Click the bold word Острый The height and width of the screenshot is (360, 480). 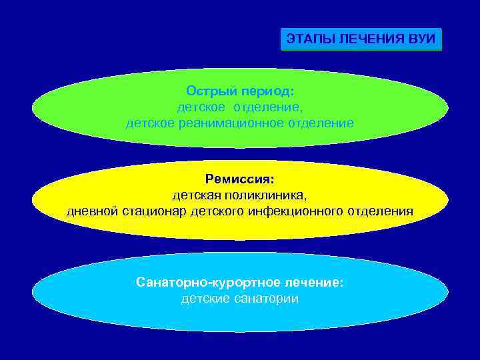[210, 90]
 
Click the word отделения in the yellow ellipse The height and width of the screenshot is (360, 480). [381, 211]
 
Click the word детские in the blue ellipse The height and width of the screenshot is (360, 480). [205, 299]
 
